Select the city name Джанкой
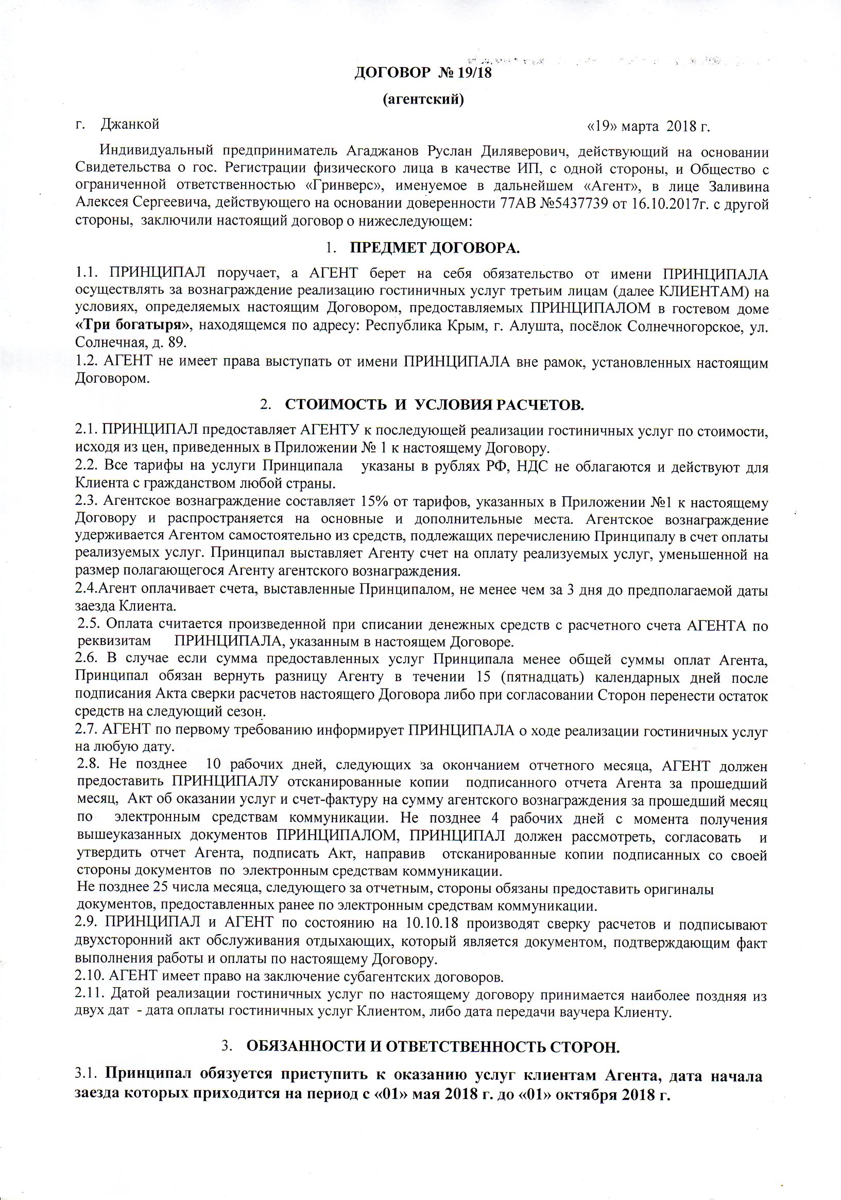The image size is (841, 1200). (130, 124)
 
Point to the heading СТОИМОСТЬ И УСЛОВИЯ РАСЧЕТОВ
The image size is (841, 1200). (434, 404)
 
